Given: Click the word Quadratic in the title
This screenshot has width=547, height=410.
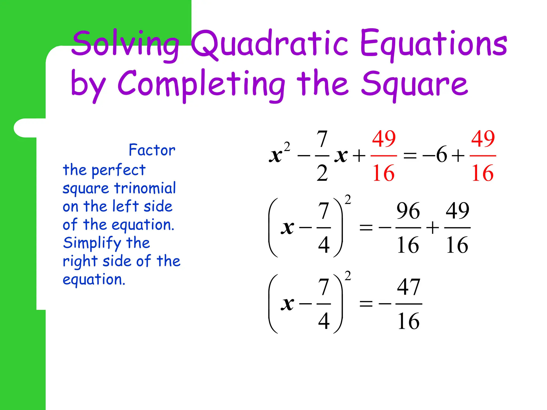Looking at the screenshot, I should pyautogui.click(x=270, y=44).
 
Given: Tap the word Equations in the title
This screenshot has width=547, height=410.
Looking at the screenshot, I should pyautogui.click(x=433, y=44).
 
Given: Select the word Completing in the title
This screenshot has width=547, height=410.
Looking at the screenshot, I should pyautogui.click(x=201, y=84).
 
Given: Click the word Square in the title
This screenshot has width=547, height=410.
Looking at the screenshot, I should pyautogui.click(x=414, y=84).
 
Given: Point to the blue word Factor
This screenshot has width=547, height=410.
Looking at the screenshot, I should pyautogui.click(x=152, y=150).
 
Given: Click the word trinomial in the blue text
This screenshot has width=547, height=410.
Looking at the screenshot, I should pyautogui.click(x=145, y=188).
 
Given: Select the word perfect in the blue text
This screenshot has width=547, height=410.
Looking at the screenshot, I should pyautogui.click(x=118, y=170).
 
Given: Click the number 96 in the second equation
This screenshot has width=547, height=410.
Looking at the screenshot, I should pyautogui.click(x=408, y=211).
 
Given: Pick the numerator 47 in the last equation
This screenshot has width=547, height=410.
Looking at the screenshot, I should pyautogui.click(x=408, y=287).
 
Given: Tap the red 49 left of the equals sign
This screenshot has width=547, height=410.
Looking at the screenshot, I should pyautogui.click(x=384, y=139).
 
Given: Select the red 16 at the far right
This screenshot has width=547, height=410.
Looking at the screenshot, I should pyautogui.click(x=482, y=173).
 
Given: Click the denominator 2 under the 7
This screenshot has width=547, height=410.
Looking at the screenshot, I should pyautogui.click(x=322, y=173).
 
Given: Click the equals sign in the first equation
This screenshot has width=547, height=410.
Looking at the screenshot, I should pyautogui.click(x=410, y=155).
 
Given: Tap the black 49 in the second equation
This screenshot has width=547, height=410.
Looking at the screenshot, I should pyautogui.click(x=457, y=211).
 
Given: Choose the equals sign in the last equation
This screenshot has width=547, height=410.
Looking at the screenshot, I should pyautogui.click(x=366, y=304).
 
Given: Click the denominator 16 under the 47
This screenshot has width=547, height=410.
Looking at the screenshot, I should pyautogui.click(x=408, y=321).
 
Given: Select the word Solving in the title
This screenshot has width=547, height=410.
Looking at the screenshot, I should pyautogui.click(x=126, y=44).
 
